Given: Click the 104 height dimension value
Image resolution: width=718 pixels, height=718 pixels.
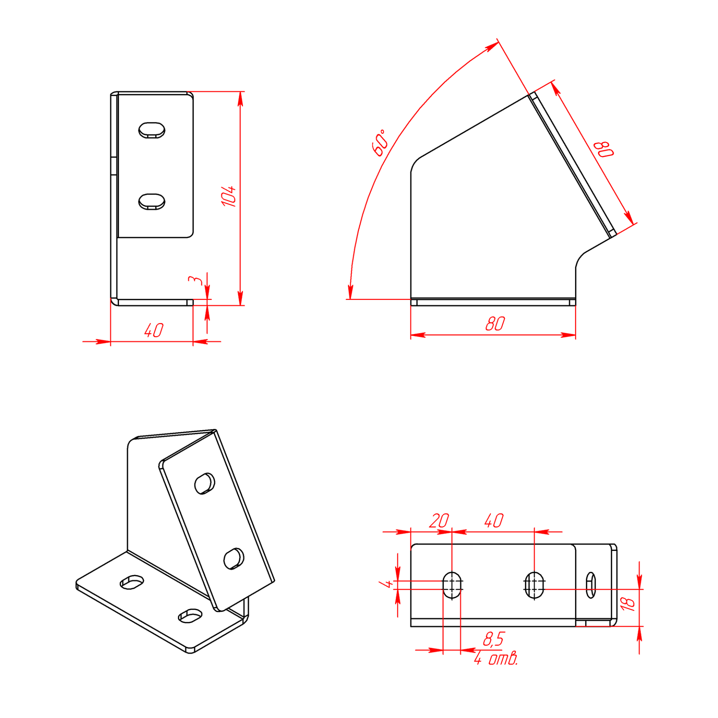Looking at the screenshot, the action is [228, 196].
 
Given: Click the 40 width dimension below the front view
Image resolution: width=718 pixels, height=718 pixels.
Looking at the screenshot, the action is [154, 330].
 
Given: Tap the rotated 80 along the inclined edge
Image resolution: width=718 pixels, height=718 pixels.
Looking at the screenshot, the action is [604, 150].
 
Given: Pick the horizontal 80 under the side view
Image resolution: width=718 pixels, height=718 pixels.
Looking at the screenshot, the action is [495, 323].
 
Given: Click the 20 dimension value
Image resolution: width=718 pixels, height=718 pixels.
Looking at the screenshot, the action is [439, 521].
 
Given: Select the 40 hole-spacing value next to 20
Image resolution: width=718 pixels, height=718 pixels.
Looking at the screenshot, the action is [494, 521].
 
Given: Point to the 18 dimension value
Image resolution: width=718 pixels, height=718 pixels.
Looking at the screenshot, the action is [628, 603].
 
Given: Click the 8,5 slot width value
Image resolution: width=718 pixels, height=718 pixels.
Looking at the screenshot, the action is [494, 639].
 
